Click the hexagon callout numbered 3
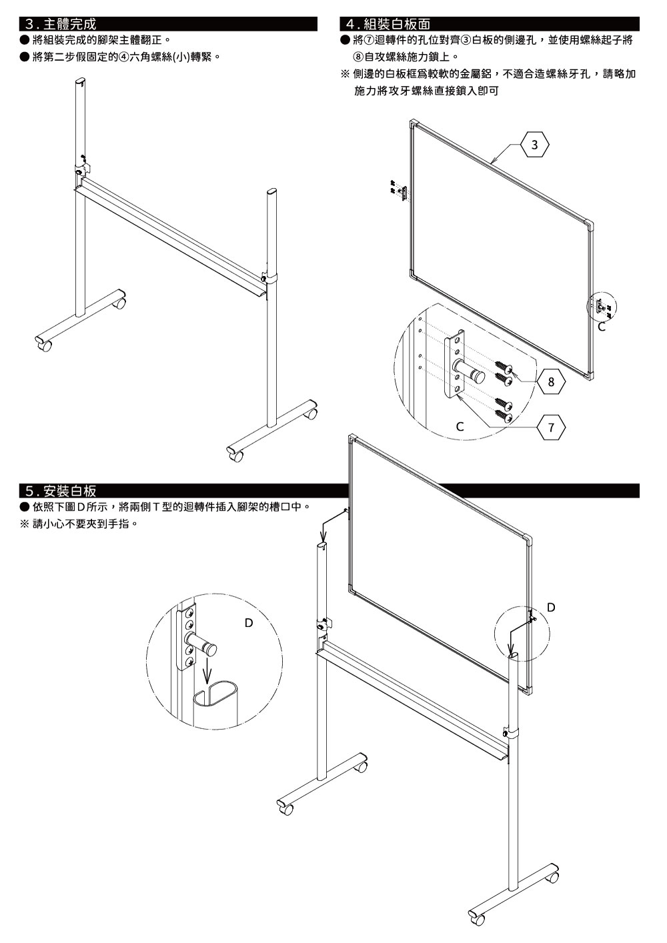pyautogui.click(x=535, y=145)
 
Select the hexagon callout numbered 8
pyautogui.click(x=551, y=382)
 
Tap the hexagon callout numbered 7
pyautogui.click(x=551, y=427)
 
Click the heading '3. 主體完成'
pyautogui.click(x=61, y=24)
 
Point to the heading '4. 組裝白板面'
pyautogui.click(x=388, y=24)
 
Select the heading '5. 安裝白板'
pyautogui.click(x=61, y=491)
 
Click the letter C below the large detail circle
pyautogui.click(x=460, y=427)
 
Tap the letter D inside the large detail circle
pyautogui.click(x=249, y=623)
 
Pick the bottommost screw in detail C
pyautogui.click(x=504, y=415)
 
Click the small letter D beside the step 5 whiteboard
pyautogui.click(x=551, y=607)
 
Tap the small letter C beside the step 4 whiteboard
pyautogui.click(x=602, y=327)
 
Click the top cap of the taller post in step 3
pyautogui.click(x=80, y=81)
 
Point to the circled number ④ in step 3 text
pyautogui.click(x=124, y=57)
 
